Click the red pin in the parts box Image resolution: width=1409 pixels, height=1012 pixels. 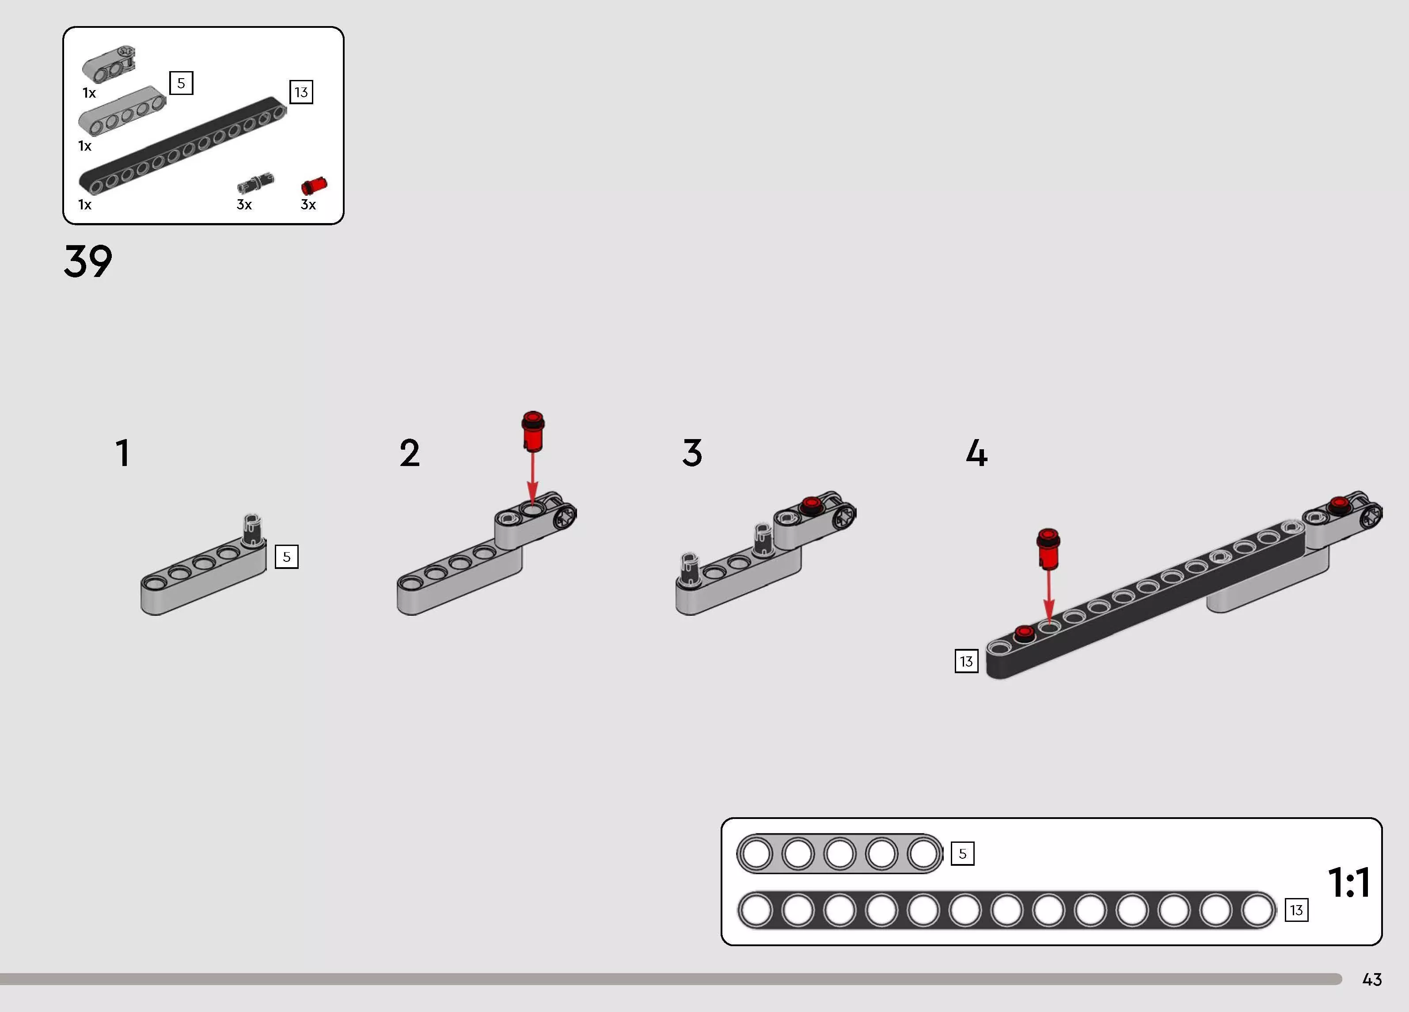point(314,185)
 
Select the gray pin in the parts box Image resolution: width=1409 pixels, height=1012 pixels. point(255,183)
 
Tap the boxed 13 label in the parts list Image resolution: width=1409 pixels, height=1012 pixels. point(301,92)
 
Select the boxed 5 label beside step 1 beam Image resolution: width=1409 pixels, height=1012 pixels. point(286,557)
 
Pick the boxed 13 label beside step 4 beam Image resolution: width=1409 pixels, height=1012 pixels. point(966,661)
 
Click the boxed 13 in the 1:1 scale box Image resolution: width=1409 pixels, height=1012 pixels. point(1296,910)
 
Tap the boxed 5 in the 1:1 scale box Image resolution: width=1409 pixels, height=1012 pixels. point(962,853)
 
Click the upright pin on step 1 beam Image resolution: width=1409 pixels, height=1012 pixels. point(251,531)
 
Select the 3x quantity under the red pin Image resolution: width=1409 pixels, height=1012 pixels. point(308,205)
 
